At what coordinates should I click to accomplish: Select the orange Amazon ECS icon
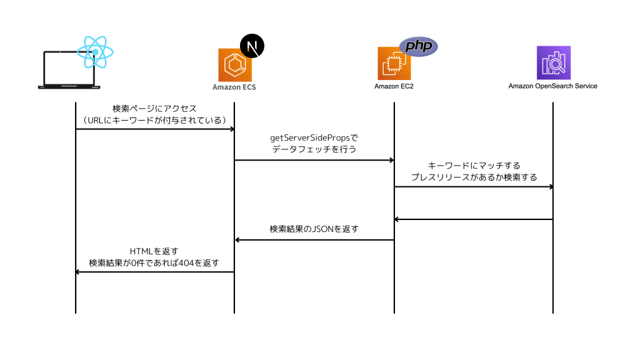pos(234,64)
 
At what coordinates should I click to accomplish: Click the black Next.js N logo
pos(252,47)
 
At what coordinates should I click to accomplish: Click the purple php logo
pos(418,47)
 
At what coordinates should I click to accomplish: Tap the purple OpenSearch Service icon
pos(553,62)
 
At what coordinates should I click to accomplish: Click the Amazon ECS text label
pos(234,87)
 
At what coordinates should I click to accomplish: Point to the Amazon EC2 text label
pos(394,86)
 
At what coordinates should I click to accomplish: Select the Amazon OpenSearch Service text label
pos(552,86)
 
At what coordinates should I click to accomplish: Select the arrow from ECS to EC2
pos(314,161)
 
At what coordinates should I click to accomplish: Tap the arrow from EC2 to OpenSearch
pos(473,187)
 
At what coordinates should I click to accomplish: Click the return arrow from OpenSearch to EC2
pos(473,219)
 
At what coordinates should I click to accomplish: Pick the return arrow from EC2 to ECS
pos(314,240)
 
